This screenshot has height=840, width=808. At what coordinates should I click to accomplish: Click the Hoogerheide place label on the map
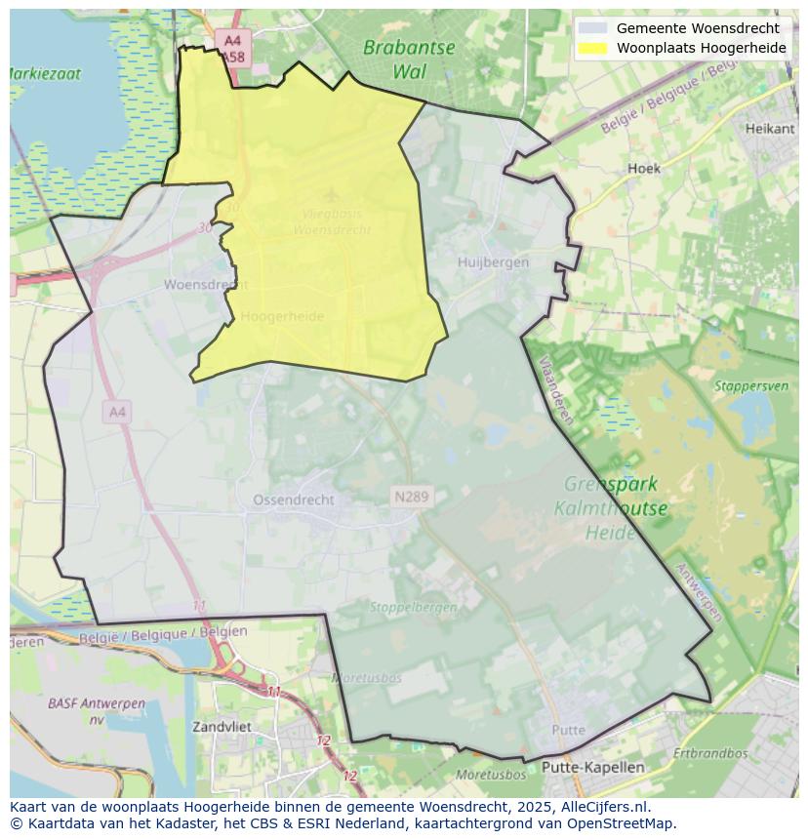(x=282, y=316)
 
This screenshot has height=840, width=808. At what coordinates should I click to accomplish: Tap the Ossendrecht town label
(x=293, y=500)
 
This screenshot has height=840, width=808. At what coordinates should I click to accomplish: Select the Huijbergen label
(x=493, y=261)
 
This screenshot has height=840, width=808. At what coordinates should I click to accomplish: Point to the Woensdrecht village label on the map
(x=205, y=285)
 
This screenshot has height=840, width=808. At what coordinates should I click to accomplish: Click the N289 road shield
(x=411, y=498)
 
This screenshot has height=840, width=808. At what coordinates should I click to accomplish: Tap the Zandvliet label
(x=222, y=727)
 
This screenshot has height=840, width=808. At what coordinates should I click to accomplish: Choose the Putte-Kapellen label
(x=592, y=767)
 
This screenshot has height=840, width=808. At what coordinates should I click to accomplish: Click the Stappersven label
(x=750, y=386)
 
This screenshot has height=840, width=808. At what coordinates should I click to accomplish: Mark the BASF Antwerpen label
(x=97, y=710)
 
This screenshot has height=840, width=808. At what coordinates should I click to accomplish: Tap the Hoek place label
(x=644, y=168)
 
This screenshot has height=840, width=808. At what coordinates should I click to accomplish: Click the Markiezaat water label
(x=45, y=73)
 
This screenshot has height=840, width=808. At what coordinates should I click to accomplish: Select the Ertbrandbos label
(x=709, y=753)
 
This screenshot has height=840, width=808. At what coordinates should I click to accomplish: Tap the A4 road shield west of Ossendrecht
(x=117, y=413)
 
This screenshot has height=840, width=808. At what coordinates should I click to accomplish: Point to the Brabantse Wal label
(x=409, y=59)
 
